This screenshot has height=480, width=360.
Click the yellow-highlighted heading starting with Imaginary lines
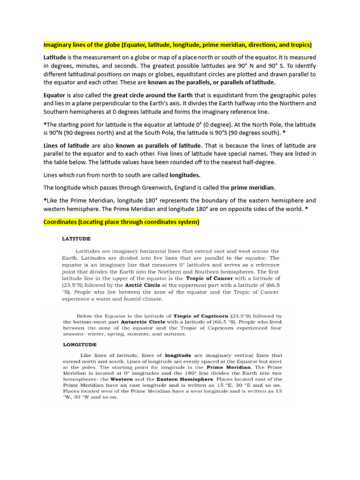(178, 45)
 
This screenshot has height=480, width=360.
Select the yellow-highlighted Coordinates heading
(121, 222)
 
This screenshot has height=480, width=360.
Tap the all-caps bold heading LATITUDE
(76, 239)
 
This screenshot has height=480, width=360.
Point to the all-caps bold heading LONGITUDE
(79, 345)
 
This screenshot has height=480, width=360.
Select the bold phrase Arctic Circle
(143, 285)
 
